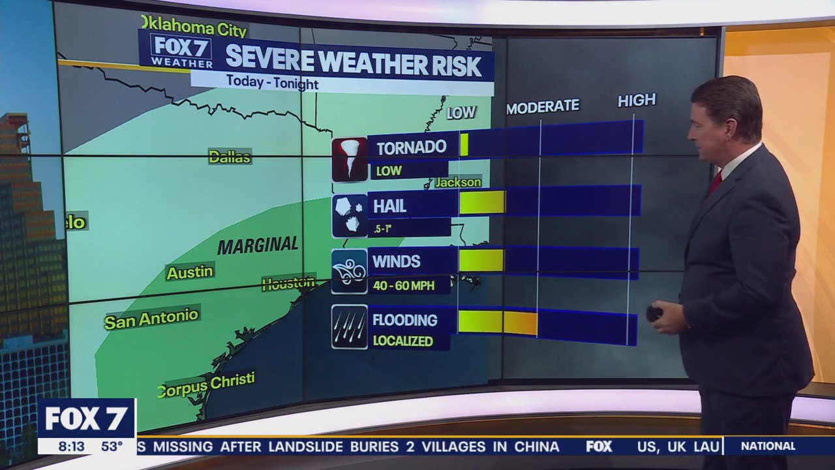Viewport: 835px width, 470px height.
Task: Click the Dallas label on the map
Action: pyautogui.click(x=230, y=157)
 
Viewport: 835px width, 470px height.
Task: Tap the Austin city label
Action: pyautogui.click(x=190, y=272)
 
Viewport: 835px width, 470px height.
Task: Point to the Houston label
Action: pyautogui.click(x=288, y=283)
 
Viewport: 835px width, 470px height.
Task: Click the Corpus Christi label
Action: pyautogui.click(x=206, y=385)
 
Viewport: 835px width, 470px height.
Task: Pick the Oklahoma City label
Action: pyautogui.click(x=194, y=27)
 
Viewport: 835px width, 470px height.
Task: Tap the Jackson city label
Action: pyautogui.click(x=458, y=182)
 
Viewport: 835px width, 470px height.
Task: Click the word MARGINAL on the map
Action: pyautogui.click(x=258, y=246)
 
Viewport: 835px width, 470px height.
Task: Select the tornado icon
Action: pyautogui.click(x=350, y=159)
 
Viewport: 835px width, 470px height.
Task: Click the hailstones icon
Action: pyautogui.click(x=350, y=215)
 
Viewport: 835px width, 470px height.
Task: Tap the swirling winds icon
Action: pyautogui.click(x=350, y=271)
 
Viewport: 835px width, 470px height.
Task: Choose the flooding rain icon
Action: pyautogui.click(x=350, y=326)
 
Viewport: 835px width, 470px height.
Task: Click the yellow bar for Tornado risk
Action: pyautogui.click(x=464, y=144)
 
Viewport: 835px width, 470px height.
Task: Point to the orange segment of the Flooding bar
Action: pyautogui.click(x=520, y=323)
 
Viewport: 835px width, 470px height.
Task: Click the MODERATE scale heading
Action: pyautogui.click(x=543, y=106)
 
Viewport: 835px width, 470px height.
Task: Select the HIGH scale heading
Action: pyautogui.click(x=637, y=100)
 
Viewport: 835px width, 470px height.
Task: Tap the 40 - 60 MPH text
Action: pyautogui.click(x=403, y=285)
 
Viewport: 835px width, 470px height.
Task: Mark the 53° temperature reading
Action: pyautogui.click(x=112, y=446)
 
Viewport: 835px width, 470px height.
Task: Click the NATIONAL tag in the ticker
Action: pyautogui.click(x=768, y=446)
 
